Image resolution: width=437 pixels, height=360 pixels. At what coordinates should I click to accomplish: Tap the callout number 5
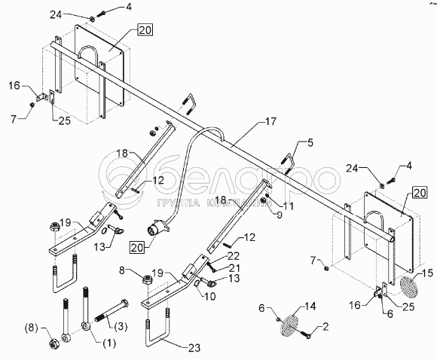tap(310, 143)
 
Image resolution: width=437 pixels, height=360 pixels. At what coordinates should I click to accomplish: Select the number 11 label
tap(288, 206)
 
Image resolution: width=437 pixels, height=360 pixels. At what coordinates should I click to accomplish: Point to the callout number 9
tap(279, 215)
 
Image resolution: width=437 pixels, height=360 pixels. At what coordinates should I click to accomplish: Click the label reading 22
tap(233, 256)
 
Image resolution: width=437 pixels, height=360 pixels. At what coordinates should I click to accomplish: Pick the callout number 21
tap(234, 268)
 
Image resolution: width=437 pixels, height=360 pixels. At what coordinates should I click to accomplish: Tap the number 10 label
tap(209, 297)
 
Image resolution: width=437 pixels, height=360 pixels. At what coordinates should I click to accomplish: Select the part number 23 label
tap(194, 347)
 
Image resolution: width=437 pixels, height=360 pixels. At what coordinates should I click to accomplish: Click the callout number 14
tap(310, 307)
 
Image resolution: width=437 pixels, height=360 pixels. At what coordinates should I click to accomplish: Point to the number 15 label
tap(427, 273)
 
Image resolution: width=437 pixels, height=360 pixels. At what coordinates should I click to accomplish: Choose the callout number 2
tap(325, 327)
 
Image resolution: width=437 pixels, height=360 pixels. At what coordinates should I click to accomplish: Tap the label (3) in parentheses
tap(121, 325)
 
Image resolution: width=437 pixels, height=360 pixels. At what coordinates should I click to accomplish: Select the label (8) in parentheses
tap(31, 328)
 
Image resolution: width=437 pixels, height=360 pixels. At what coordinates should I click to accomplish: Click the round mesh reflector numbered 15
tap(409, 285)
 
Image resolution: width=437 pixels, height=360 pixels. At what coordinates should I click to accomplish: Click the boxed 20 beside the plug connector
tap(137, 248)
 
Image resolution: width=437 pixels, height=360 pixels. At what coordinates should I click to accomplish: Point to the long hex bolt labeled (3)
tap(112, 311)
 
